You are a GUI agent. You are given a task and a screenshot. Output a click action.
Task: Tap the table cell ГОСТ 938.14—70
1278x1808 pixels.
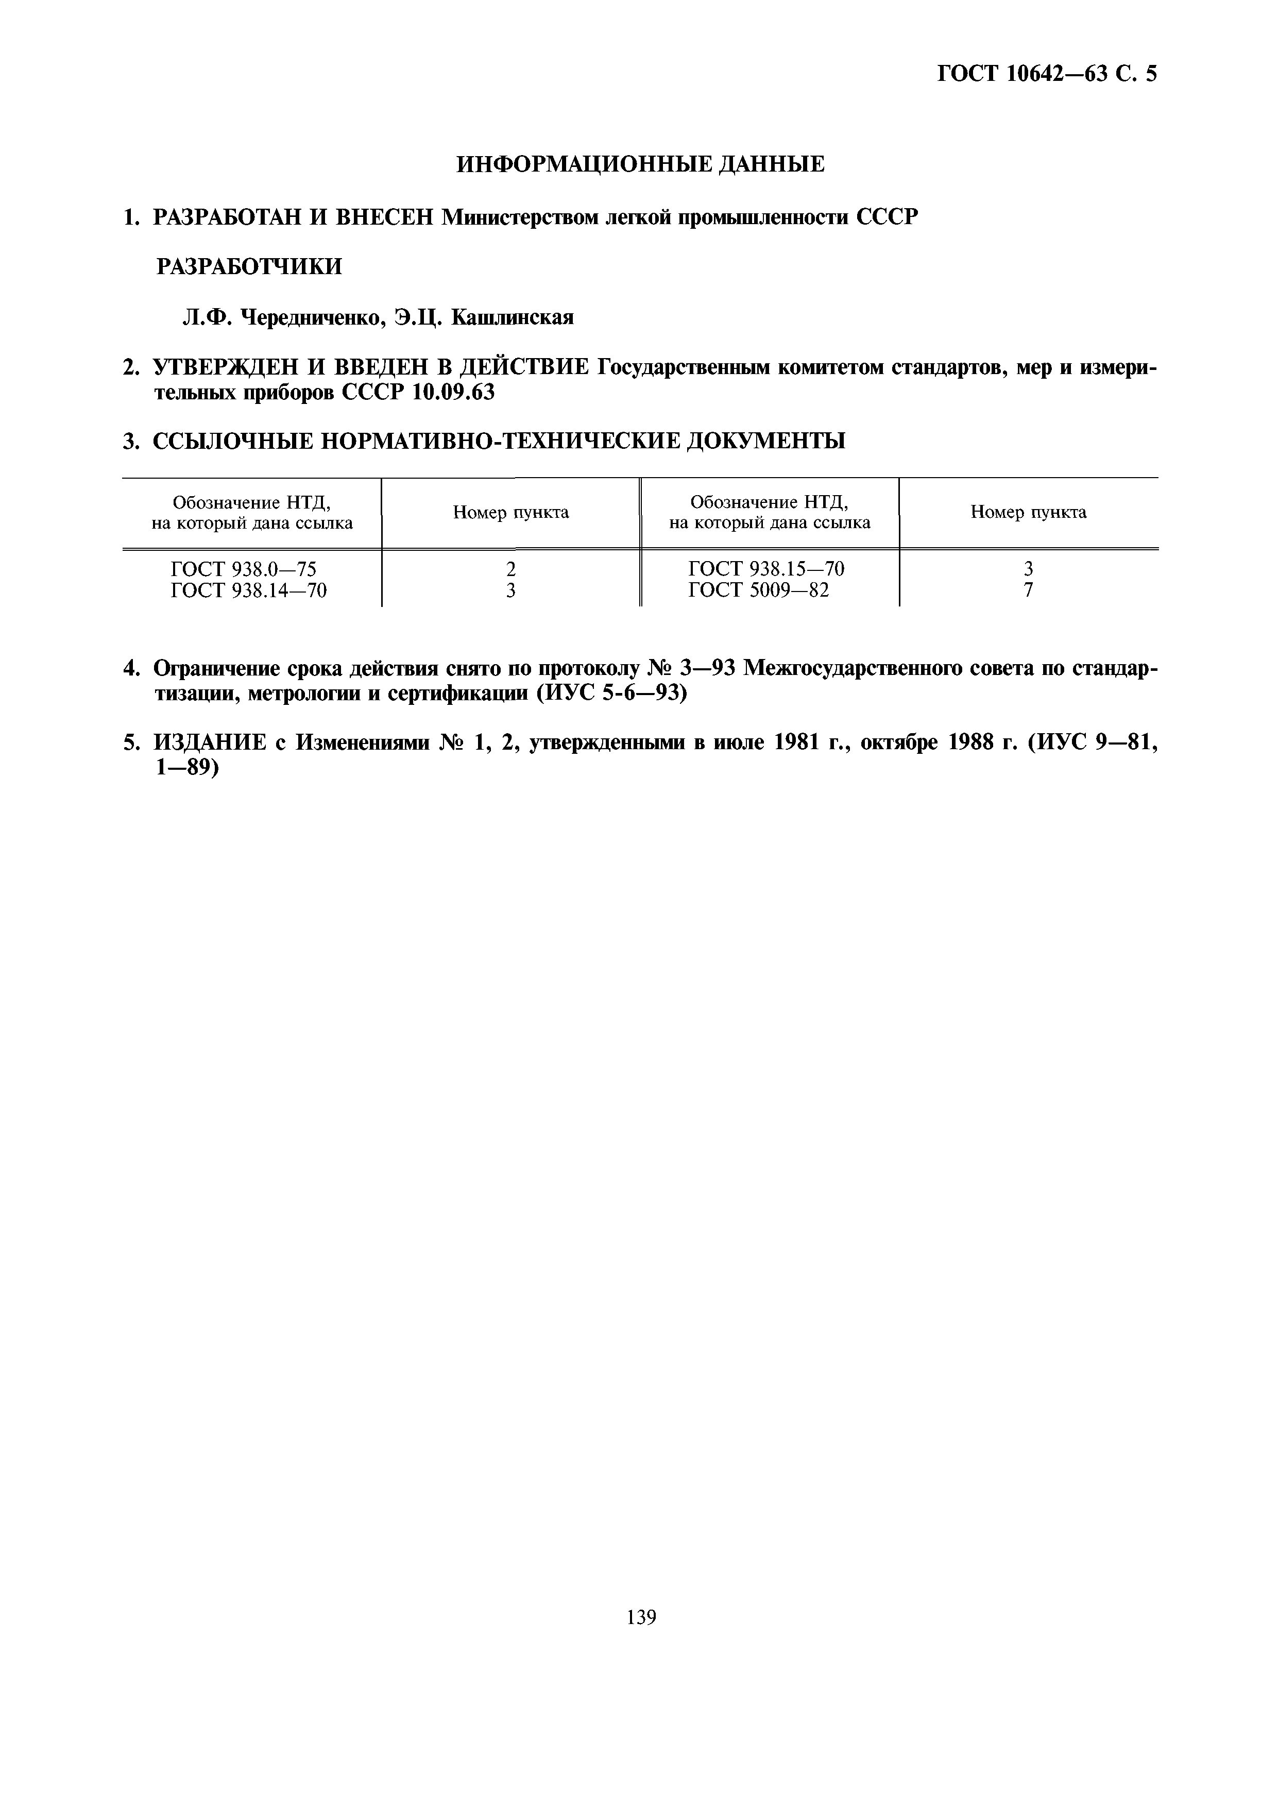tap(248, 590)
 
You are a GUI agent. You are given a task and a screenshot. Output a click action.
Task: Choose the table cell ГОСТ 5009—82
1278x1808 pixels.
tap(758, 590)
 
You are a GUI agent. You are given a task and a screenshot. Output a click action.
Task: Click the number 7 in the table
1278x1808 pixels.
tap(1028, 590)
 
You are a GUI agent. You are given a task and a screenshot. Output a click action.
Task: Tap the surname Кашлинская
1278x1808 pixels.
tap(513, 317)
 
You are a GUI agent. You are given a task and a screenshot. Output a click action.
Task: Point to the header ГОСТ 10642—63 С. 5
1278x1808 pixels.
tap(1047, 74)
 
